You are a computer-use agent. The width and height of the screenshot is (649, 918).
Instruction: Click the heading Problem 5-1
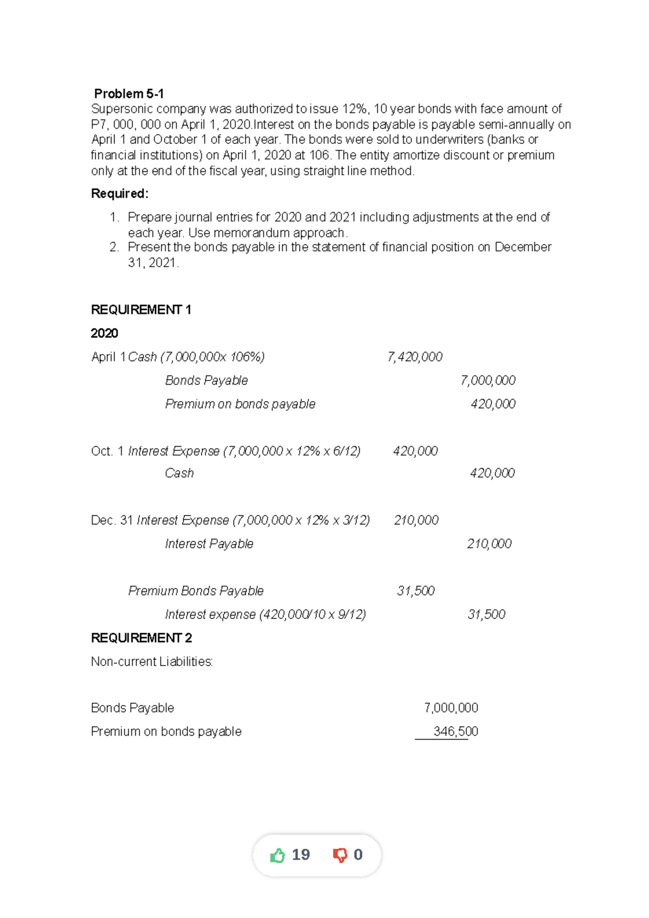(x=129, y=94)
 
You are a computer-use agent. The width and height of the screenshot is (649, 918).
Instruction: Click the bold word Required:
(x=120, y=194)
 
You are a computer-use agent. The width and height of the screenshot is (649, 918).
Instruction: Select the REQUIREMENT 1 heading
(x=141, y=310)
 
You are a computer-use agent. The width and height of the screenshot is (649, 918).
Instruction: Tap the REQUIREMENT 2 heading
(x=141, y=638)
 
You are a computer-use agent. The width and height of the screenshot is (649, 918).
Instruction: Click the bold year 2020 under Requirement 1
(x=104, y=333)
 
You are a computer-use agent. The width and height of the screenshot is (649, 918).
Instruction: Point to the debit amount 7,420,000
(x=415, y=357)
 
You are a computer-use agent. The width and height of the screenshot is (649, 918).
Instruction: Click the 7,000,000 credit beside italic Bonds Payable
(x=488, y=381)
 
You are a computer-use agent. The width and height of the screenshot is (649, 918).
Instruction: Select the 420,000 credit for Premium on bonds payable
(x=493, y=404)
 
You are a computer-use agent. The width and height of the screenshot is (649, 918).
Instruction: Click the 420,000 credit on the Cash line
(x=492, y=473)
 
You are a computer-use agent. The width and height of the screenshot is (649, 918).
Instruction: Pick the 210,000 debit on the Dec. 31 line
(x=416, y=520)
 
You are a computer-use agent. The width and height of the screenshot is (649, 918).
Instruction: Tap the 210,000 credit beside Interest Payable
(x=489, y=544)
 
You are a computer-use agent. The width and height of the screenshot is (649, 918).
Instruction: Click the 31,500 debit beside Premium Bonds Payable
(x=415, y=591)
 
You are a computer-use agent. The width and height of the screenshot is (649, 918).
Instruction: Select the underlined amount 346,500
(x=455, y=731)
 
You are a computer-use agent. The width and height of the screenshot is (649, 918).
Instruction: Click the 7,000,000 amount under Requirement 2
(x=451, y=708)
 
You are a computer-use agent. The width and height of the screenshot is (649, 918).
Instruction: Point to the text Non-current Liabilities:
(x=152, y=662)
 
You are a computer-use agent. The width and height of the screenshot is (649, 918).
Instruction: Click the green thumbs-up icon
(x=277, y=855)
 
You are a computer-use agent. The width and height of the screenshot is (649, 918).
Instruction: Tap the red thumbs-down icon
(x=340, y=855)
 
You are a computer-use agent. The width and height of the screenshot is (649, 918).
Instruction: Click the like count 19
(x=301, y=855)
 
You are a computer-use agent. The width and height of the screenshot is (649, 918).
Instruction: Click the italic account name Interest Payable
(x=209, y=544)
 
